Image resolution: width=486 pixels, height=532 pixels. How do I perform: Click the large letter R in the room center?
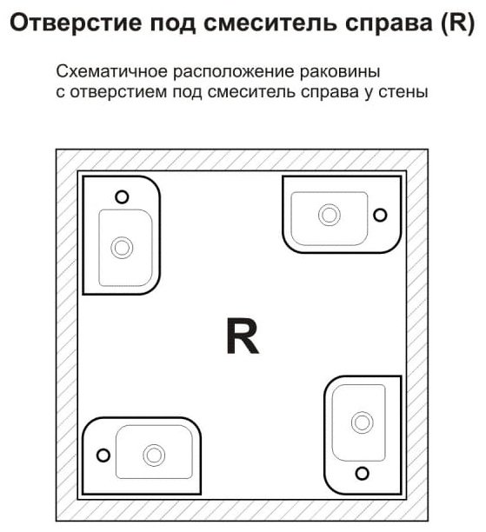(243, 336)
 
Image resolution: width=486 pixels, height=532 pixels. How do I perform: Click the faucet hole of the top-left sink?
(122, 196)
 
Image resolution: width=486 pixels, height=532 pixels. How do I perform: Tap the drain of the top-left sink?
(122, 248)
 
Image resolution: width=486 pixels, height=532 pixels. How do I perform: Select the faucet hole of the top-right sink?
(380, 215)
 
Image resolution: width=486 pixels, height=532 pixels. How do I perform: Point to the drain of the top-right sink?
(330, 215)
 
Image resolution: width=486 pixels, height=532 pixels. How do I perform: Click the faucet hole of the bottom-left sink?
(103, 456)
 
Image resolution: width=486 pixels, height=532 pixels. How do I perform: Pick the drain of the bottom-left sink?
(154, 456)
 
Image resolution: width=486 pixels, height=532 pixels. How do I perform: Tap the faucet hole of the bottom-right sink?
(363, 473)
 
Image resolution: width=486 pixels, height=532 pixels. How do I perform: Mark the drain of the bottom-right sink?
(363, 422)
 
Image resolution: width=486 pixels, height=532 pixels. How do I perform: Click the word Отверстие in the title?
(76, 23)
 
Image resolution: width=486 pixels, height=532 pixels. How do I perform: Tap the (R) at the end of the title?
(458, 23)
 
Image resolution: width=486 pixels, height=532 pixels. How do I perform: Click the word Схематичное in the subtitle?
(111, 71)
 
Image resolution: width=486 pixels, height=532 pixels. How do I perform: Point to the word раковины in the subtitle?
(340, 72)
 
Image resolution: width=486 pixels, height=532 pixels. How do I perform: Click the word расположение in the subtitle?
(234, 72)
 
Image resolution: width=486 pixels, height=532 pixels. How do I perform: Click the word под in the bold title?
(173, 23)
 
